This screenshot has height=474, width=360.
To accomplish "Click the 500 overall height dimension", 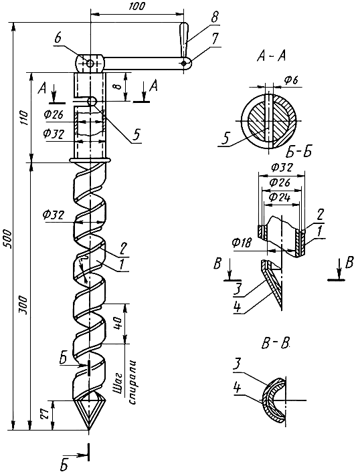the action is tap(9, 239).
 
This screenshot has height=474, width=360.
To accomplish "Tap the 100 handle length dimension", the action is tap(137, 7).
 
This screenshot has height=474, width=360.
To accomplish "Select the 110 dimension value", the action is tap(25, 118).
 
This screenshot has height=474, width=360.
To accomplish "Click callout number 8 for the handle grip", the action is tap(214, 17).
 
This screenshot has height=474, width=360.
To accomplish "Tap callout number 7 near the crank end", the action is tap(215, 40).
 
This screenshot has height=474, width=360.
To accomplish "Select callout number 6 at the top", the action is tap(58, 39).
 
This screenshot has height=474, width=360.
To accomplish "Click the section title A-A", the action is tap(271, 56).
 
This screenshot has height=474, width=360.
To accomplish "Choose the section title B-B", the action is tap(275, 344).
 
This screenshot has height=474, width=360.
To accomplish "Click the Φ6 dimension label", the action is tap(291, 80).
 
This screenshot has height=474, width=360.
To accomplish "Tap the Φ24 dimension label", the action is tap(280, 197).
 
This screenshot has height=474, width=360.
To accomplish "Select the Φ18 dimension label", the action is tap(242, 242).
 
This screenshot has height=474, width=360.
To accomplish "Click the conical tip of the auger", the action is tap(88, 414).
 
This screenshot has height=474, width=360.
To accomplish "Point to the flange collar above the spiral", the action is tap(90, 160).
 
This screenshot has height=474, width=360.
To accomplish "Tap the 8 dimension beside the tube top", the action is tap(118, 87).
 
